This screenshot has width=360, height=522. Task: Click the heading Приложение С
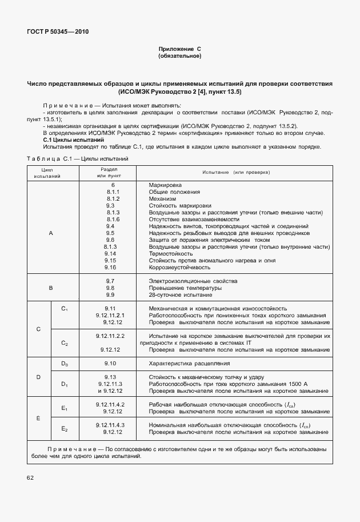180,50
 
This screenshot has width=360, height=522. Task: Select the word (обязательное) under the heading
180,57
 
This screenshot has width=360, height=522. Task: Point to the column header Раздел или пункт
110,173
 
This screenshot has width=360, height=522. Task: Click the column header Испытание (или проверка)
235,173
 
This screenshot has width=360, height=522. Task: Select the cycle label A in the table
51,233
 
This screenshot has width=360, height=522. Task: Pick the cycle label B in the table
51,288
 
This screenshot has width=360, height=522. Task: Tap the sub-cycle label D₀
65,364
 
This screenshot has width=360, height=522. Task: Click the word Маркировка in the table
165,186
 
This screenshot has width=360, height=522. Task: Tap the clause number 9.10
110,364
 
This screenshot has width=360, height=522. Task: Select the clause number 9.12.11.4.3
110,425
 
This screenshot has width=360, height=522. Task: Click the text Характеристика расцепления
189,364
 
